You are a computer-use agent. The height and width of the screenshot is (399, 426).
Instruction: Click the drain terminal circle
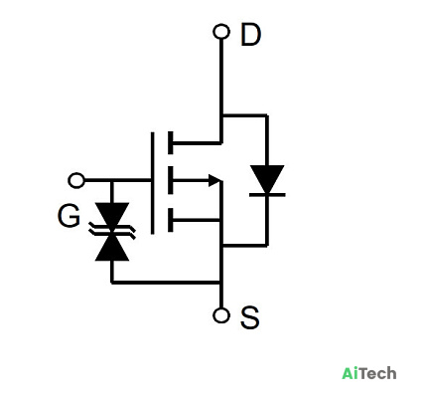(x=221, y=32)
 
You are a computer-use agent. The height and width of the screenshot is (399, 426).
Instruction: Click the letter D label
(x=250, y=35)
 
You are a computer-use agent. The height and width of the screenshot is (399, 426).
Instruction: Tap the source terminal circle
(x=221, y=315)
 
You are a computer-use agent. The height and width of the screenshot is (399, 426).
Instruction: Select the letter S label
(x=249, y=317)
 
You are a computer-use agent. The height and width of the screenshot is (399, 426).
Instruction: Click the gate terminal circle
(x=76, y=180)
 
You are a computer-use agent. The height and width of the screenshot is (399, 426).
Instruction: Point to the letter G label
(x=69, y=216)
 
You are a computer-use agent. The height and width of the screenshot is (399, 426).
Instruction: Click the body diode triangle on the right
(x=267, y=179)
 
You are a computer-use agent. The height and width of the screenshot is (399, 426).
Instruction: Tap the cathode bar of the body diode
(x=267, y=195)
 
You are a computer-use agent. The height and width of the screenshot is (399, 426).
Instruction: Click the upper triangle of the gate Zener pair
(x=112, y=215)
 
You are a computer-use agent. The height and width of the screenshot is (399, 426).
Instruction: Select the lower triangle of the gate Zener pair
(x=112, y=248)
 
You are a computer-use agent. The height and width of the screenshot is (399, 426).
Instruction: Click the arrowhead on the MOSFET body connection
(x=214, y=180)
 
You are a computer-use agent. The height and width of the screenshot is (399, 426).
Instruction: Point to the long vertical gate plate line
(x=152, y=183)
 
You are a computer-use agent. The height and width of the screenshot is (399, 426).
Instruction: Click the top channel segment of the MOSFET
(x=171, y=143)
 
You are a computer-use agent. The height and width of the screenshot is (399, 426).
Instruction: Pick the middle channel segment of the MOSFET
(x=171, y=180)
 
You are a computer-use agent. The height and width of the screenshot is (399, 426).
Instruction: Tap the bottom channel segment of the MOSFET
(x=171, y=220)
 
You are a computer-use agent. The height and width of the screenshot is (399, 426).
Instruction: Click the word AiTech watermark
(x=369, y=373)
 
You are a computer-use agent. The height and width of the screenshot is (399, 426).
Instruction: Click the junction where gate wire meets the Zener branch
(x=112, y=180)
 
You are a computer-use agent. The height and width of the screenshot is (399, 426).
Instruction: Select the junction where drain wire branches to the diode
(x=221, y=115)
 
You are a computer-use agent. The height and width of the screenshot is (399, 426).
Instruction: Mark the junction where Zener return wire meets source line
(x=221, y=283)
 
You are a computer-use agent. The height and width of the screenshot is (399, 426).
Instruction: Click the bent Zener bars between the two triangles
(x=112, y=231)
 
